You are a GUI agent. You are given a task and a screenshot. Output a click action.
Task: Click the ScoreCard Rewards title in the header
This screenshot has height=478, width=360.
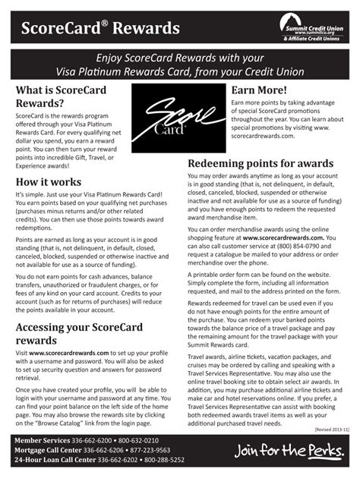pyautogui.click(x=95, y=29)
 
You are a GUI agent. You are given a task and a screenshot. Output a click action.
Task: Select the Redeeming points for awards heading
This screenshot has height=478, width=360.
pyautogui.click(x=260, y=164)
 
